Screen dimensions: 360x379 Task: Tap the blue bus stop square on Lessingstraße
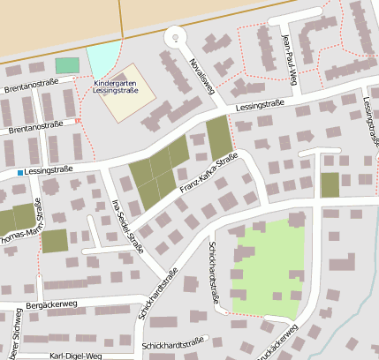(x=19, y=172)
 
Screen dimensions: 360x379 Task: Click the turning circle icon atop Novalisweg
(x=176, y=37)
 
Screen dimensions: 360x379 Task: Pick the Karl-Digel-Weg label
(x=76, y=356)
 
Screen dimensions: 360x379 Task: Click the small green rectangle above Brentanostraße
(x=67, y=65)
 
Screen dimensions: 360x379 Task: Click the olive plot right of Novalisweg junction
(x=218, y=137)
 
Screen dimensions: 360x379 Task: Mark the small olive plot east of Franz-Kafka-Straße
(x=330, y=185)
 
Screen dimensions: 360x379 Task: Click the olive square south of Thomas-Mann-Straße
(x=54, y=241)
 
